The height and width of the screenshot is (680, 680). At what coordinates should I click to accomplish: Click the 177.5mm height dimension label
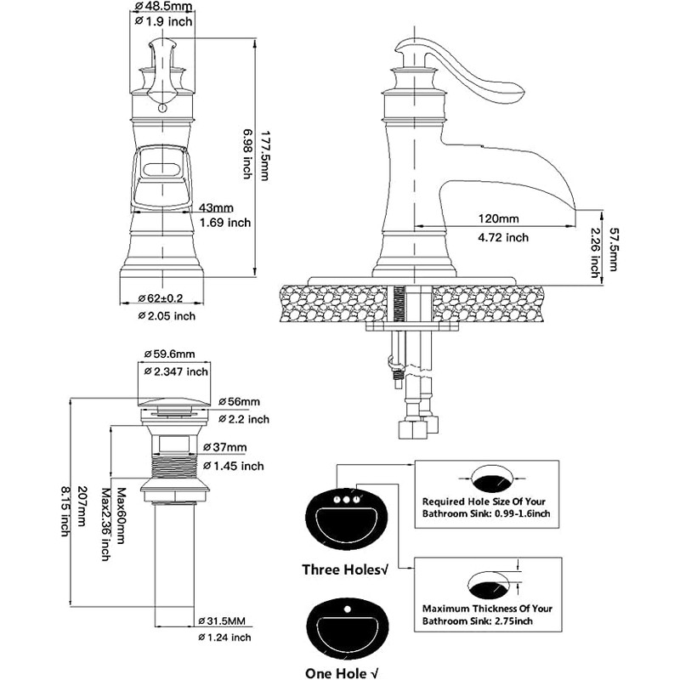[265, 156]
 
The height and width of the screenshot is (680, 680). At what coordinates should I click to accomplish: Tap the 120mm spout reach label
[498, 218]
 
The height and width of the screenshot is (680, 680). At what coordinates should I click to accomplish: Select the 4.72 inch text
[503, 237]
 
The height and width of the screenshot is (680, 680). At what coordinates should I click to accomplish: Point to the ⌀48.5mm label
[163, 6]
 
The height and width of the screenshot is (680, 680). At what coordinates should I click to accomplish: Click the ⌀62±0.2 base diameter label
[161, 298]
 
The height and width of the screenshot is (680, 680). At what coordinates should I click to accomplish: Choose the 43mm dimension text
[216, 207]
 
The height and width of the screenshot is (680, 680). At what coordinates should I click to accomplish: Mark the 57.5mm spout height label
[612, 249]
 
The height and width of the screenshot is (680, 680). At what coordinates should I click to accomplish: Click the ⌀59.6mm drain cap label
[169, 354]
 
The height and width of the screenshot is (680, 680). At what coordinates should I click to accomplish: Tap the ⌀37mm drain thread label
[224, 447]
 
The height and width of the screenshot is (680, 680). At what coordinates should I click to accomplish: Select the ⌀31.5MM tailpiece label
[222, 621]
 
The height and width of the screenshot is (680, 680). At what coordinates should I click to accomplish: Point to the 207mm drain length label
[81, 506]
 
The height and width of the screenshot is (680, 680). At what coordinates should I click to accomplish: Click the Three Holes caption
[345, 569]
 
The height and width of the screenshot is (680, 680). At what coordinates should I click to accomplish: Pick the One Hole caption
[342, 673]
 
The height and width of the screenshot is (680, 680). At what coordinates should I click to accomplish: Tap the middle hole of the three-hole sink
[346, 500]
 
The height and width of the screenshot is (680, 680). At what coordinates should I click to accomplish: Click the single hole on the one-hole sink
[347, 609]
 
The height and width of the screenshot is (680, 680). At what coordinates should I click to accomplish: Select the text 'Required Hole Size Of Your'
[484, 501]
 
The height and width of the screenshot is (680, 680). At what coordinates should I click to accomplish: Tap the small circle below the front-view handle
[162, 107]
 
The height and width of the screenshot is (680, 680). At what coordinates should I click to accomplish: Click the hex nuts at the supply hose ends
[417, 427]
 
